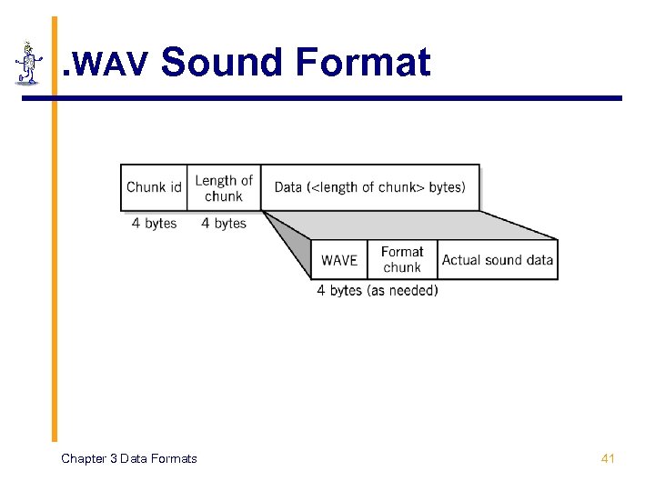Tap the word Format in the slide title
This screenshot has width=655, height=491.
tap(362, 63)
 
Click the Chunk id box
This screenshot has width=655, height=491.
tap(154, 187)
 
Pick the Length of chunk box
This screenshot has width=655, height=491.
tap(224, 188)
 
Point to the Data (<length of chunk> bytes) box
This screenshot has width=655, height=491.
tap(369, 187)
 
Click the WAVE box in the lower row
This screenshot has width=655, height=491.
tap(339, 260)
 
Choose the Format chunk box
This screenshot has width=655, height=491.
tap(402, 259)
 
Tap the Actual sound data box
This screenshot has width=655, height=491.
tap(498, 260)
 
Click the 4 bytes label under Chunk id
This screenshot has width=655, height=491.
tap(154, 223)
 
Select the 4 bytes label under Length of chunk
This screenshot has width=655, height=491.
tap(224, 223)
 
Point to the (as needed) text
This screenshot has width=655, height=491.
tap(402, 290)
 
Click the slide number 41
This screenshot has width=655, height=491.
tap(608, 458)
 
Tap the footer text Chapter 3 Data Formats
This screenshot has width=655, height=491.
tap(128, 458)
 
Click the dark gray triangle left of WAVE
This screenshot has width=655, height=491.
tap(294, 250)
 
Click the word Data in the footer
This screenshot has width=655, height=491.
tap(144, 458)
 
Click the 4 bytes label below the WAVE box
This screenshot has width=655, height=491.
tap(339, 290)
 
